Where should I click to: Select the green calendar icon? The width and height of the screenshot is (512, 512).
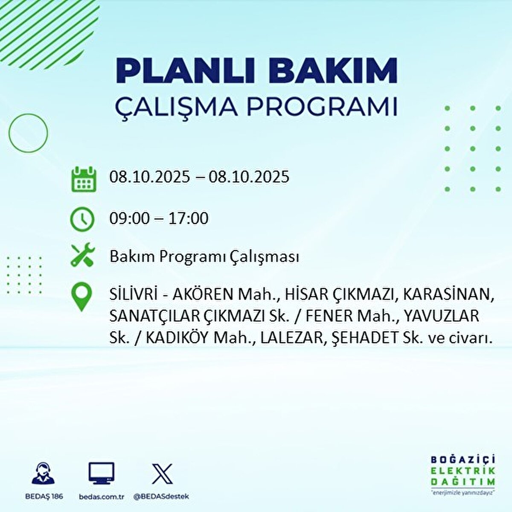[x=82, y=179]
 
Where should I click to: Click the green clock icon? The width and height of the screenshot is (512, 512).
[x=82, y=219]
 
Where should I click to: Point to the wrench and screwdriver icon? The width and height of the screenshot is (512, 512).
[x=82, y=255]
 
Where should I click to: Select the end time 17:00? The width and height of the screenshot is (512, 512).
[x=189, y=219]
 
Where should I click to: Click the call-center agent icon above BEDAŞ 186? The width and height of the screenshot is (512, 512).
[x=43, y=474]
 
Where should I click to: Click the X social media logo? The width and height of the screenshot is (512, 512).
[x=162, y=474]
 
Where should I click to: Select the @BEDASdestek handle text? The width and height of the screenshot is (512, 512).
[x=161, y=497]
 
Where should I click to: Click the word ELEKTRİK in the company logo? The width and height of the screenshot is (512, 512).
[x=463, y=471]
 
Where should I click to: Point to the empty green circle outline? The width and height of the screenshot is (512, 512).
[x=28, y=133]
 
